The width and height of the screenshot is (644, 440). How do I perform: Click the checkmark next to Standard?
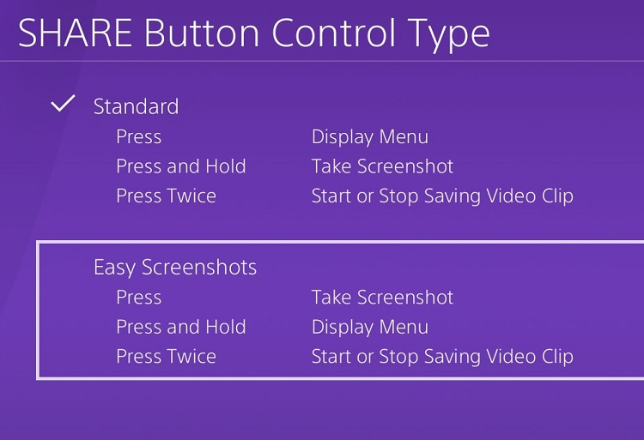[x=63, y=103]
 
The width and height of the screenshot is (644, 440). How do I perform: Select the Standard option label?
[x=136, y=106]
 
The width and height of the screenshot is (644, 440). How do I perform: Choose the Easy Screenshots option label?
[x=175, y=268]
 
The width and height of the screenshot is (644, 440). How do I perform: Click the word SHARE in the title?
[x=75, y=33]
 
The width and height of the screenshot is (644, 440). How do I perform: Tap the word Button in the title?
[x=202, y=33]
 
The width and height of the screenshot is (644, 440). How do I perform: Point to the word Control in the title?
[x=334, y=33]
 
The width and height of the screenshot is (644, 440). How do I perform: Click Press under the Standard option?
[x=139, y=136]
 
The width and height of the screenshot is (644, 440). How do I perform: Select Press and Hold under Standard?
[x=181, y=166]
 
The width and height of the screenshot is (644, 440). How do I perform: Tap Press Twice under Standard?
[x=166, y=196]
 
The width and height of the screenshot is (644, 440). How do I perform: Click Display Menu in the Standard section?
[x=370, y=137]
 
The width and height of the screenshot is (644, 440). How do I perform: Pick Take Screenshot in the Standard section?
[x=382, y=166]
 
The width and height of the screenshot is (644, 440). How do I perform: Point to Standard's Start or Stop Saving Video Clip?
[x=442, y=196]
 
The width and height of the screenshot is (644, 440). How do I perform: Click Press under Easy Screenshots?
[x=139, y=297]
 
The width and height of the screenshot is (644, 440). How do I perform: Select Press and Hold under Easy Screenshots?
[x=181, y=327]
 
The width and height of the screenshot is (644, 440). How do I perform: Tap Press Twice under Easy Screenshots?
[x=166, y=356]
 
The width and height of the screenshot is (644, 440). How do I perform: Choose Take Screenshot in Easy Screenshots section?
[x=382, y=297]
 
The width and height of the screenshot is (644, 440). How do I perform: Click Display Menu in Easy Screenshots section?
[x=370, y=328]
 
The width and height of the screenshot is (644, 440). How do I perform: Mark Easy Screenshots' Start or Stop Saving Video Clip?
[x=442, y=357]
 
